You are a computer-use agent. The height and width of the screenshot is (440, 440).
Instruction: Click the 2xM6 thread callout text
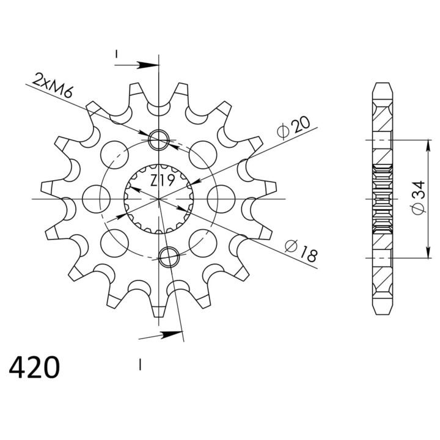[x=53, y=85]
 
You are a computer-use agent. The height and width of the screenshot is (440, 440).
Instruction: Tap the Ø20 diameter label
[x=293, y=127]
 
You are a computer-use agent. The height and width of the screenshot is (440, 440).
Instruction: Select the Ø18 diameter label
[x=301, y=251]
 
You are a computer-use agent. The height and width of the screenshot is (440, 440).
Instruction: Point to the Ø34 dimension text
[x=419, y=198]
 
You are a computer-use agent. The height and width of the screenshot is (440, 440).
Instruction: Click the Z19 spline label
[x=163, y=180]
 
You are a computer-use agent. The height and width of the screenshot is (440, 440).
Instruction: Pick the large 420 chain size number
[x=34, y=367]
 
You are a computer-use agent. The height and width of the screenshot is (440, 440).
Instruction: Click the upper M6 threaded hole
[x=159, y=140]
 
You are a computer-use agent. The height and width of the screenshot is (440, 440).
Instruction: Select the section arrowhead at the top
[x=148, y=65]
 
